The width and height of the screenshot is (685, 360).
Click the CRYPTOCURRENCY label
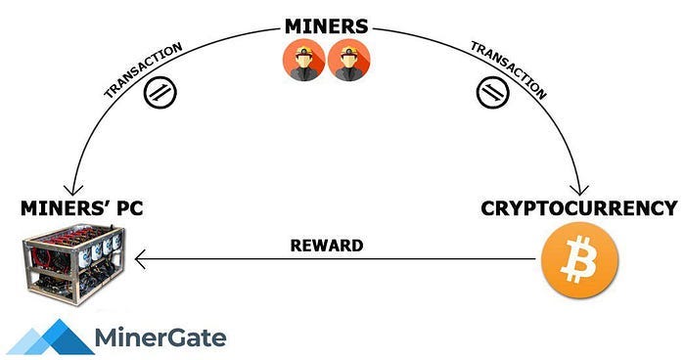pyautogui.click(x=578, y=208)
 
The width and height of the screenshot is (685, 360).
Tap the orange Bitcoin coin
pyautogui.click(x=579, y=261)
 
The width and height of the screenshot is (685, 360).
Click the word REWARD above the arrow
pyautogui.click(x=327, y=246)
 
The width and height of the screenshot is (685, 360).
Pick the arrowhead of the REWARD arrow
pyautogui.click(x=141, y=260)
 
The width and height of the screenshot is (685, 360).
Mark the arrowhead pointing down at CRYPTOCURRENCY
pyautogui.click(x=583, y=188)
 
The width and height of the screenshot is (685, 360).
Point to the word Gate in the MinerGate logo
pyautogui.click(x=196, y=339)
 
